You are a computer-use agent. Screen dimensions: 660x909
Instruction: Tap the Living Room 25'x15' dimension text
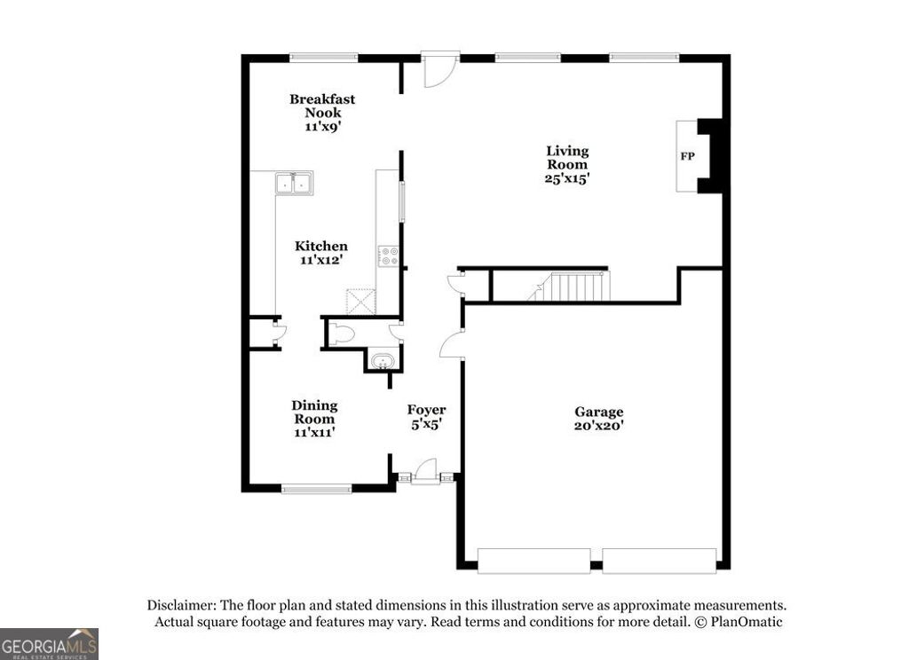[567, 177]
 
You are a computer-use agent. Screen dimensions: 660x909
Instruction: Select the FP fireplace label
[687, 157]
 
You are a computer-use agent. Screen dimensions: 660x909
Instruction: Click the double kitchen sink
[294, 184]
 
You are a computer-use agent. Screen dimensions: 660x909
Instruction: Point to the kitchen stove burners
[389, 256]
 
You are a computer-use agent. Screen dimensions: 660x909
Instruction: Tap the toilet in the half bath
[344, 334]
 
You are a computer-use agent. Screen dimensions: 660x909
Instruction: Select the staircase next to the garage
[573, 287]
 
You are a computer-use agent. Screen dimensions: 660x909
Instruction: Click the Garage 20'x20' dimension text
[598, 425]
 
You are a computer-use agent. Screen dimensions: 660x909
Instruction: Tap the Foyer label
[426, 410]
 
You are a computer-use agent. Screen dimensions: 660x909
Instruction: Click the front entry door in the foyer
[426, 471]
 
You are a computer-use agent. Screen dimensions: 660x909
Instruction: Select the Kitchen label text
[321, 246]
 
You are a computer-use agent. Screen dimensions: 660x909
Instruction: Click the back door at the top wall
[438, 70]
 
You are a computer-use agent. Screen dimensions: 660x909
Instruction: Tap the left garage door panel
[534, 561]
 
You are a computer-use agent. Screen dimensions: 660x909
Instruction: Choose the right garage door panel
[659, 561]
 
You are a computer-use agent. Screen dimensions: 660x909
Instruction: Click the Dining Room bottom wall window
[317, 488]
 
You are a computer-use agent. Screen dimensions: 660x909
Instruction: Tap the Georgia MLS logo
[49, 643]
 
